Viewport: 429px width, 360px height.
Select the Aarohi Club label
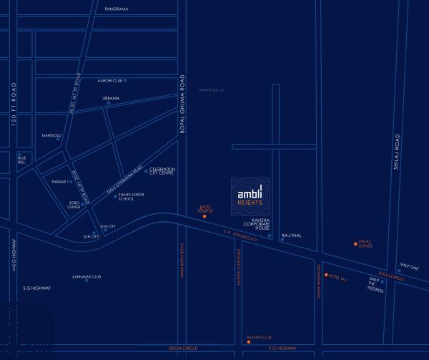click(111, 81)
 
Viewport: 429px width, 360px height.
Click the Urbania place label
click(111, 98)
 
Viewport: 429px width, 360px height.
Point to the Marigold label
click(51, 135)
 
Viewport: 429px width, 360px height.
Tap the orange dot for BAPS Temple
click(204, 216)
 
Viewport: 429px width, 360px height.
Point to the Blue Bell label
click(21, 160)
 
